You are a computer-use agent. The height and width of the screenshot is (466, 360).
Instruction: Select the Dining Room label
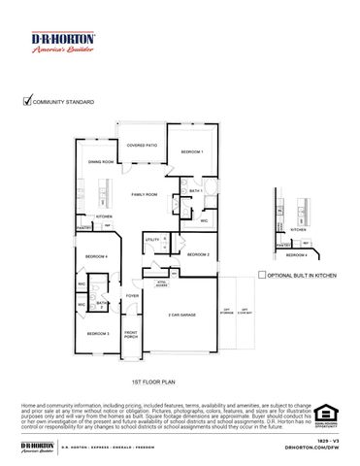(x=101, y=162)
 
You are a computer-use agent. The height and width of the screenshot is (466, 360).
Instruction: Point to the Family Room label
(x=145, y=194)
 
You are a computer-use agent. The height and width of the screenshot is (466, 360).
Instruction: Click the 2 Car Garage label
(x=181, y=316)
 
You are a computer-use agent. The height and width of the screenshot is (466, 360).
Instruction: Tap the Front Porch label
(x=131, y=335)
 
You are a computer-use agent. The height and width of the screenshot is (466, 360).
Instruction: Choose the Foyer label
(x=132, y=295)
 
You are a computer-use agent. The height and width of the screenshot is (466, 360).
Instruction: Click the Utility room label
(x=152, y=239)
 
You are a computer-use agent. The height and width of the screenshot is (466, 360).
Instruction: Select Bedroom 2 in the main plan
(x=198, y=254)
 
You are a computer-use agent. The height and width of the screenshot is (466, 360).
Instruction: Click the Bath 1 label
(x=195, y=191)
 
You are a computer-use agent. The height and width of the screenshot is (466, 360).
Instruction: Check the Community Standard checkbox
(x=27, y=99)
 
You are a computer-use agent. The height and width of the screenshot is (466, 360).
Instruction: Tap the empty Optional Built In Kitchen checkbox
(x=262, y=276)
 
